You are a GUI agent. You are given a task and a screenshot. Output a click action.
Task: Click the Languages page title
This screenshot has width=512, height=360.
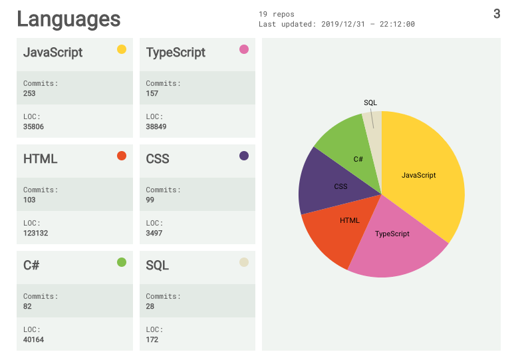(68, 19)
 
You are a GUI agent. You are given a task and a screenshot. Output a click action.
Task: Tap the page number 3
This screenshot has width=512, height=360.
(497, 13)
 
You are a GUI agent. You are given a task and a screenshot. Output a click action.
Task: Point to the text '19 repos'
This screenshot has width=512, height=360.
(276, 13)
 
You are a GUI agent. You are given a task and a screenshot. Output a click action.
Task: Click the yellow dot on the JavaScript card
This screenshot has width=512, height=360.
(122, 49)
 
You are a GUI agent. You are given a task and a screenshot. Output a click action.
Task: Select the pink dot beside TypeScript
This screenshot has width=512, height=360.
(244, 49)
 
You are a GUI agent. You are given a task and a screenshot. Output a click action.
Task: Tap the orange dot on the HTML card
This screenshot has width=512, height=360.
(122, 156)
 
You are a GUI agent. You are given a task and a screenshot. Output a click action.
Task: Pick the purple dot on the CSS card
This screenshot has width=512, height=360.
(244, 156)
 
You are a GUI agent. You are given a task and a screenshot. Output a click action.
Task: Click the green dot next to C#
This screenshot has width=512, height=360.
(122, 262)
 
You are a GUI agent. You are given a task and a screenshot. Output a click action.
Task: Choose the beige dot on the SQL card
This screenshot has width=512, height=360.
(244, 262)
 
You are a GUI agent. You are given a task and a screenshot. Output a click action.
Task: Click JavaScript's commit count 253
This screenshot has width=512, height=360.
(29, 94)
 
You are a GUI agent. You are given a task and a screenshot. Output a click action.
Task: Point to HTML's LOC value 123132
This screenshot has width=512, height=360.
(35, 233)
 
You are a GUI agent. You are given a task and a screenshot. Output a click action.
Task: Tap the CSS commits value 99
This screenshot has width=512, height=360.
(150, 200)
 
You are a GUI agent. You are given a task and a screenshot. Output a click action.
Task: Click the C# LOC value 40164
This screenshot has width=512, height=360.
(33, 339)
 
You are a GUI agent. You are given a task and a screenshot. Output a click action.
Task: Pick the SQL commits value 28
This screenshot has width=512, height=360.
(150, 307)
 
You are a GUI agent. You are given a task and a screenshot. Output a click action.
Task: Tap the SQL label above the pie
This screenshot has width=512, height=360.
(370, 102)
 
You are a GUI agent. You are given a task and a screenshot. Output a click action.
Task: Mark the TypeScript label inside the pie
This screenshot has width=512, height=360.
(392, 234)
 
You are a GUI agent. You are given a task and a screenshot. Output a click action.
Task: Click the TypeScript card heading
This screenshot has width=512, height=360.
(176, 53)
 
